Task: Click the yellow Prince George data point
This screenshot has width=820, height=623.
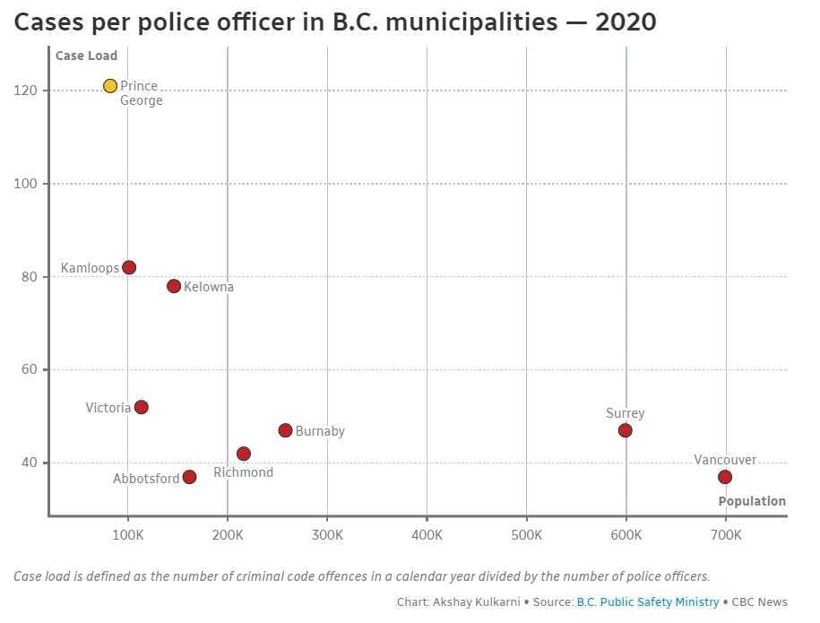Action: (x=110, y=86)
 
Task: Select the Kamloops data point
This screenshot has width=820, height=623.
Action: (x=129, y=267)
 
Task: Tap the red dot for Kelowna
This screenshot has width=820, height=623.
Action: (x=174, y=286)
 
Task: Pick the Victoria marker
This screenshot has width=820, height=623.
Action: (x=141, y=407)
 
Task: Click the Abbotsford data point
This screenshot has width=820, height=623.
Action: (x=189, y=477)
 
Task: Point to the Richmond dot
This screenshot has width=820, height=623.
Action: (x=244, y=454)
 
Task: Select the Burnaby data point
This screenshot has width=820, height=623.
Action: (x=285, y=430)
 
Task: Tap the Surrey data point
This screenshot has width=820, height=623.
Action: (x=625, y=430)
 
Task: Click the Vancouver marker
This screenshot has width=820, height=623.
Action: (x=725, y=477)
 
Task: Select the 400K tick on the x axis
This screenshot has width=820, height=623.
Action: (x=427, y=535)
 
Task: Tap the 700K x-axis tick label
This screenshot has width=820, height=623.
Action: (x=726, y=535)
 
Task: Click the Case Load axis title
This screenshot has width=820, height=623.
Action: (x=86, y=56)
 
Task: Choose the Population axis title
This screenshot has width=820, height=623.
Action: (x=752, y=501)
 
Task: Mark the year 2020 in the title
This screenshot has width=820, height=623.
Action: (x=624, y=22)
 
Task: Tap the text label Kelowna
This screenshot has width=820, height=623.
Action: (x=209, y=287)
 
